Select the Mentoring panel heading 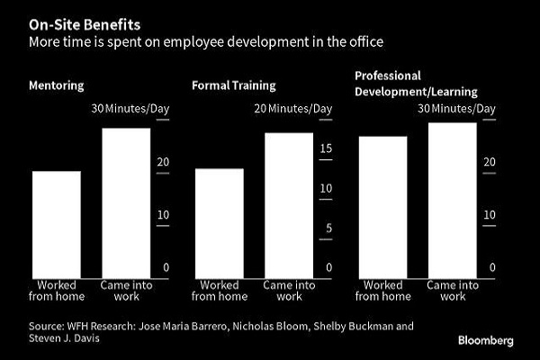coord(58,85)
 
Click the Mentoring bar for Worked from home coord(57,224)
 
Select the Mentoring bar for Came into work coord(125,202)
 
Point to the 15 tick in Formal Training coord(328,148)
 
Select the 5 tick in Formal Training coord(329,228)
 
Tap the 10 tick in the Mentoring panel coord(162,214)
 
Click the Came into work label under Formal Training coord(288,291)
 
